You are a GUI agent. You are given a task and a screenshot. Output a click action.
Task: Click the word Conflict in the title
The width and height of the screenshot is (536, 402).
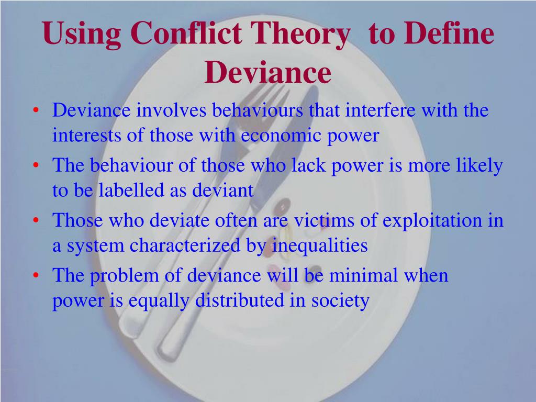(x=186, y=33)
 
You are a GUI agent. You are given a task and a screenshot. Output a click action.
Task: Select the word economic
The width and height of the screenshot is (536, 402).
(x=281, y=136)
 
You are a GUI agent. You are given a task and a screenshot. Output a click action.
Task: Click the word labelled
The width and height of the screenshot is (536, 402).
(x=131, y=190)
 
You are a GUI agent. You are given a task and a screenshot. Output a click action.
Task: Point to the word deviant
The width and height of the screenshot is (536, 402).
(x=223, y=190)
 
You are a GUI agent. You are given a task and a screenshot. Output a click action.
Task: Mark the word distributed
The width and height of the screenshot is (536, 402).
(x=240, y=300)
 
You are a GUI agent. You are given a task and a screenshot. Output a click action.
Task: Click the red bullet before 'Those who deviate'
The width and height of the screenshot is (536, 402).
(x=36, y=221)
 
